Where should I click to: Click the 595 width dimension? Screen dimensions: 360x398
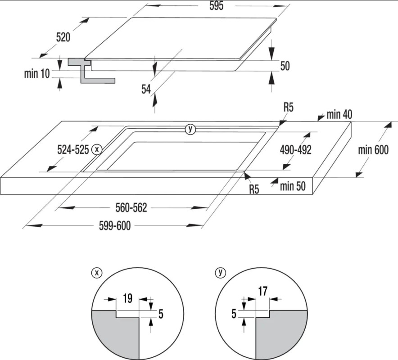click(216, 6)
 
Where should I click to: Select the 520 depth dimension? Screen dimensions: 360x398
click(63, 37)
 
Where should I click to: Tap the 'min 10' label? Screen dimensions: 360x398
click(37, 73)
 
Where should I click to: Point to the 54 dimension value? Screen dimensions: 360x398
click(146, 90)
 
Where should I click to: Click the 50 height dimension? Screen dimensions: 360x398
click(285, 66)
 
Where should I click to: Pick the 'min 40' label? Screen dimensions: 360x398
click(339, 115)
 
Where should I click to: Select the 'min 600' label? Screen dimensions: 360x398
click(373, 150)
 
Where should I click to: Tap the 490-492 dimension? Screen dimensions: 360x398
click(295, 149)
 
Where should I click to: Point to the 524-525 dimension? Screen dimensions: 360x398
click(72, 149)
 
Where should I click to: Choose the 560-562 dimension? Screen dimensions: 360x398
click(131, 207)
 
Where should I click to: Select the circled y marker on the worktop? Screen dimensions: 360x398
click(190, 129)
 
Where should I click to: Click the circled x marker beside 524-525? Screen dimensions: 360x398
click(96, 149)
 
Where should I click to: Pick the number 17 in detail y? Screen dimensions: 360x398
click(262, 291)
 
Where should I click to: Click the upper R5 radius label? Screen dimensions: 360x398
click(289, 108)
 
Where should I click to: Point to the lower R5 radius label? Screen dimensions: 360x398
click(254, 189)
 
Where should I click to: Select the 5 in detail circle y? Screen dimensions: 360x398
click(234, 314)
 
